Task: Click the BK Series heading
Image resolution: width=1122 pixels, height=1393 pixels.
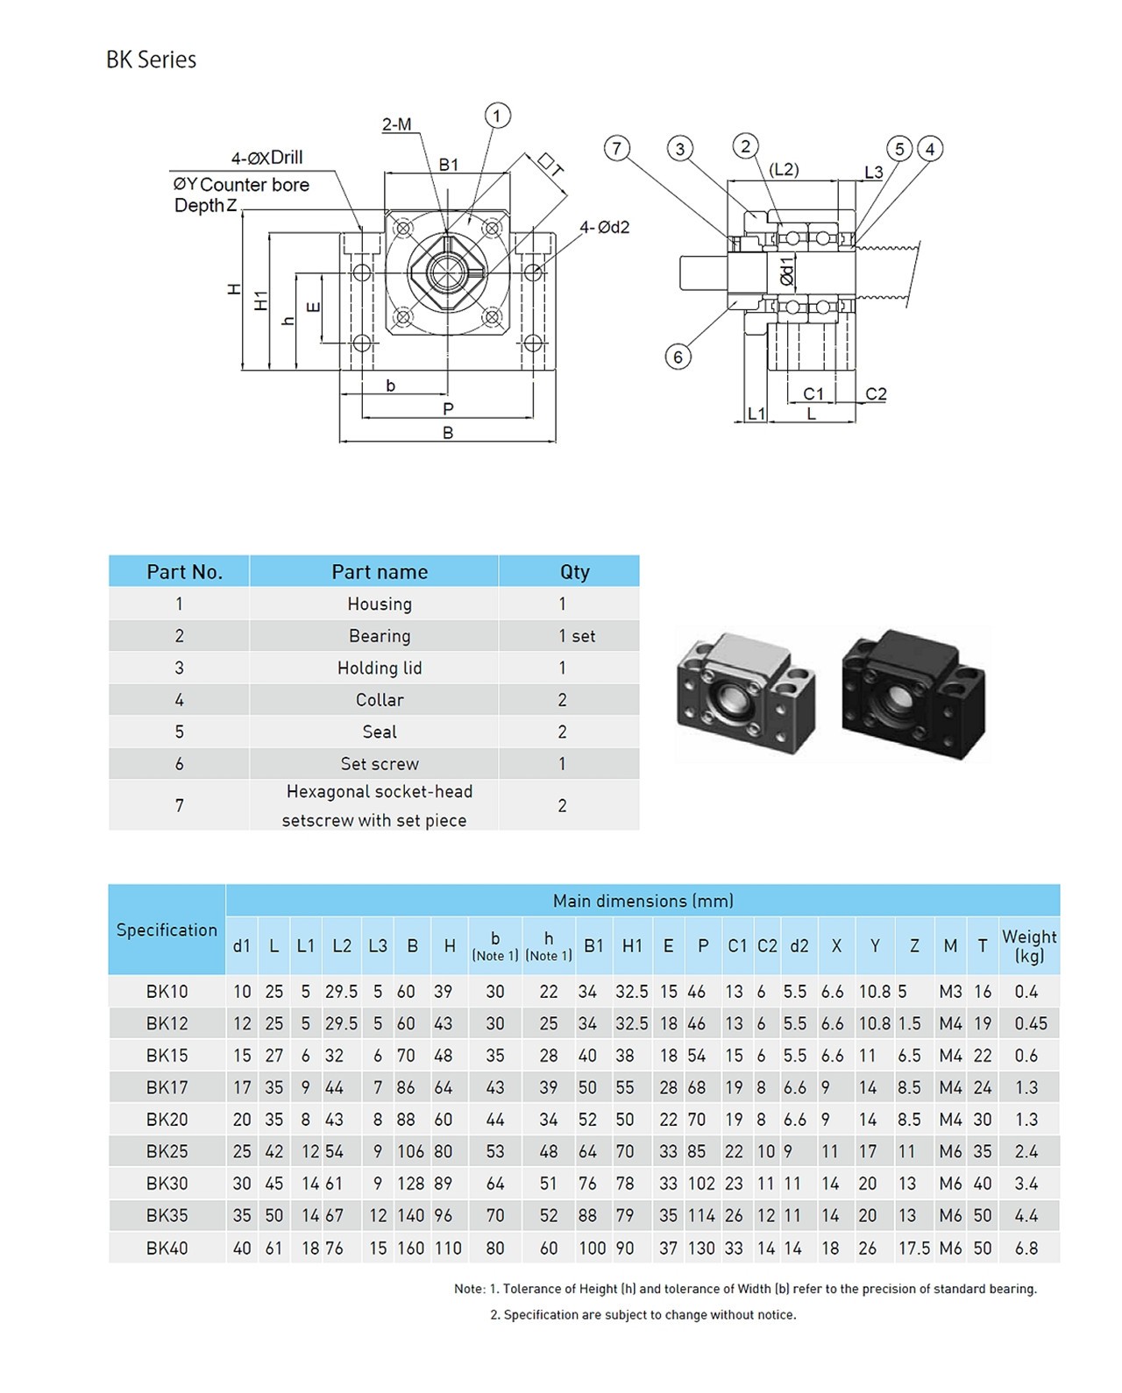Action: click(x=151, y=60)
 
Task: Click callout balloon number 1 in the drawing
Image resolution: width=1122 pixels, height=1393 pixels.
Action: click(x=497, y=116)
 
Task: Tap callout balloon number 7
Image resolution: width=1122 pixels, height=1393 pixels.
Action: click(x=617, y=148)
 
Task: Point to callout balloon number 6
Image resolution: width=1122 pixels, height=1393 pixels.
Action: click(x=678, y=357)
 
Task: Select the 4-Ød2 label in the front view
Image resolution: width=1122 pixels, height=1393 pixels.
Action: click(x=604, y=227)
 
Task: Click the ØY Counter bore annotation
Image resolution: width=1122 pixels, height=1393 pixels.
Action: click(x=241, y=185)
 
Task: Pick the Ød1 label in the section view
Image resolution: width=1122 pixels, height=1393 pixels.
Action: click(x=786, y=272)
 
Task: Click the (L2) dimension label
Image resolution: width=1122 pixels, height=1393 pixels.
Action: click(x=784, y=170)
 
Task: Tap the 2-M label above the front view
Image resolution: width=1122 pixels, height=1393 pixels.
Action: click(x=396, y=124)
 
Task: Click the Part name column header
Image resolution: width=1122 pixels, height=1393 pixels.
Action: click(x=379, y=572)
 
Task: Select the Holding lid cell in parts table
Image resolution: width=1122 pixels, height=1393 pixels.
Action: click(x=379, y=668)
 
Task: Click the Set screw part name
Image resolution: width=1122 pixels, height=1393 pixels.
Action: click(x=379, y=764)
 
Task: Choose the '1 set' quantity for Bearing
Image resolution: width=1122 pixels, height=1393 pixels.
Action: click(x=576, y=636)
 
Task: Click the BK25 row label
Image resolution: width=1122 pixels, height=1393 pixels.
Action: click(x=167, y=1151)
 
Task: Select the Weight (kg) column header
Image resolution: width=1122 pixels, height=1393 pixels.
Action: click(x=1029, y=945)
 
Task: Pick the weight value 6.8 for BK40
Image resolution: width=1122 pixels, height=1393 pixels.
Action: click(x=1026, y=1248)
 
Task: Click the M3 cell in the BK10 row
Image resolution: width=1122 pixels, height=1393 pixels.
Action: click(x=950, y=992)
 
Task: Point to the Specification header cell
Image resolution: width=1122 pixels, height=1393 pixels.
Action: click(x=167, y=930)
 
